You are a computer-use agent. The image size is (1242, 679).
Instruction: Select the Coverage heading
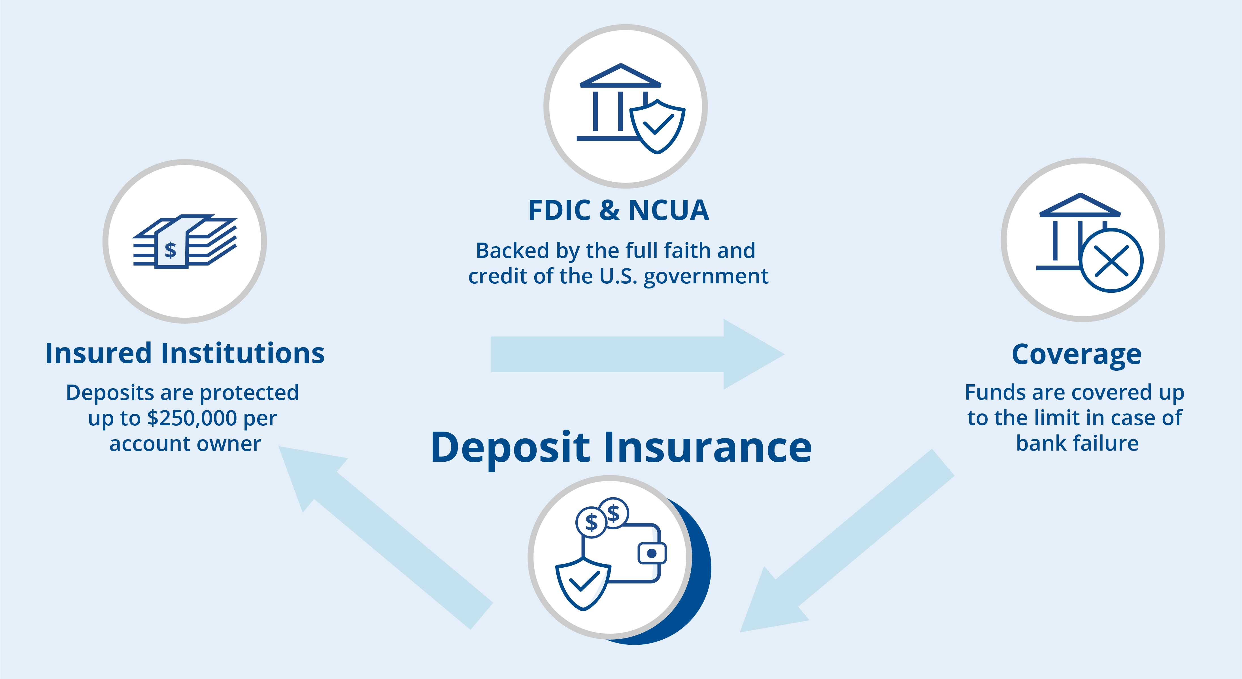[1076, 355]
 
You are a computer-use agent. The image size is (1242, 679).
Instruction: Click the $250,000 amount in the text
[192, 418]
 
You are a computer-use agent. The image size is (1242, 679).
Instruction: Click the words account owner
[185, 444]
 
